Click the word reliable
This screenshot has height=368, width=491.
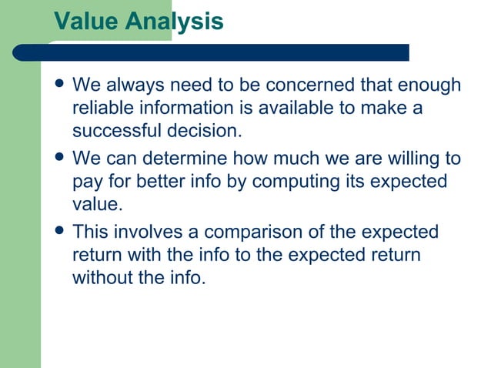[101, 108]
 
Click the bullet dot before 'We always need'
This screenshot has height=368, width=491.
[58, 85]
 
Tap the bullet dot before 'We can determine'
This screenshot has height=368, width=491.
[58, 159]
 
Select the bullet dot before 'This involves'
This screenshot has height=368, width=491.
[58, 232]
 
